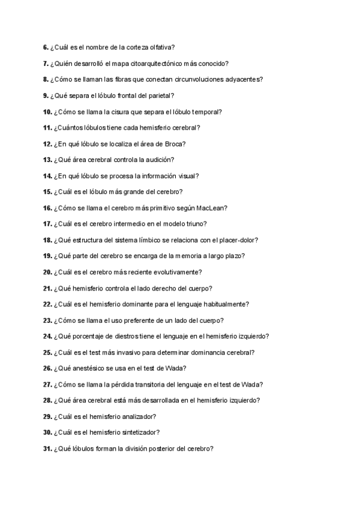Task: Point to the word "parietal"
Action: point(163,95)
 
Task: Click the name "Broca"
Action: point(174,144)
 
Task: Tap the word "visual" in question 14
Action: point(187,176)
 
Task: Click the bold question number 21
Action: point(47,288)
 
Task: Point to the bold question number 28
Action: point(47,400)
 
